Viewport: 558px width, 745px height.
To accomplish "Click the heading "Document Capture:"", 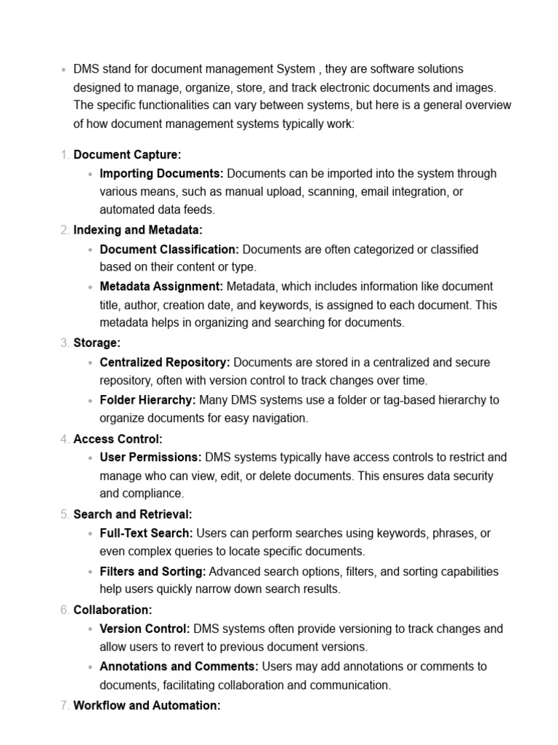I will click(x=127, y=154).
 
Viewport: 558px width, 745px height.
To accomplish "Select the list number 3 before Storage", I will click(x=65, y=343).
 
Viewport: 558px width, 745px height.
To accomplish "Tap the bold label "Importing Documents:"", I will click(x=161, y=173).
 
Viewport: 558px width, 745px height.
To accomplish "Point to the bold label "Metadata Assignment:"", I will click(x=161, y=287).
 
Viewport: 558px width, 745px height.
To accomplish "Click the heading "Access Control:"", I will click(x=118, y=439).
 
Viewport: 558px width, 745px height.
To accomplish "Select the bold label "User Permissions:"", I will click(x=150, y=458).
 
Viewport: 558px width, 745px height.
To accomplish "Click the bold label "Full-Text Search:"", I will click(x=146, y=533).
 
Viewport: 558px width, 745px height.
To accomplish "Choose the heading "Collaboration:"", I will click(x=113, y=610).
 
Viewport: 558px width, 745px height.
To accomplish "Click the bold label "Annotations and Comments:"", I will click(x=179, y=666).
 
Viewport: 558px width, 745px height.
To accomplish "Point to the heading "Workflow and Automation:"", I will click(x=147, y=706).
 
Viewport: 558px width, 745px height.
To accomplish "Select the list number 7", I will click(x=65, y=706).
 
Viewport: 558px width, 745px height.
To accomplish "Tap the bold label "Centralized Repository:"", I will click(x=165, y=362).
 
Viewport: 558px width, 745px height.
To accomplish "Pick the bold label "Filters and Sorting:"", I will click(x=153, y=571).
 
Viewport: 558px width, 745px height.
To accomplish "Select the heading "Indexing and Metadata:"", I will click(x=138, y=230).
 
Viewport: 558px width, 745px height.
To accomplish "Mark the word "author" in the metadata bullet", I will click(x=140, y=306).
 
